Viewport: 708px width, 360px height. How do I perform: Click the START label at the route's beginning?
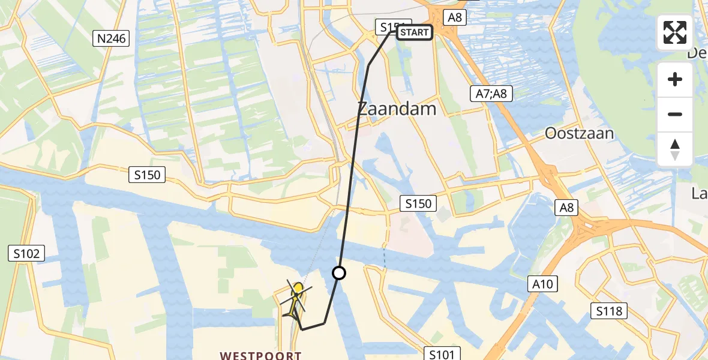click(414, 32)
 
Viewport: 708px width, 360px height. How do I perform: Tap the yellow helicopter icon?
click(296, 299)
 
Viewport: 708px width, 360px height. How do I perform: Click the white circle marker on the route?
click(339, 273)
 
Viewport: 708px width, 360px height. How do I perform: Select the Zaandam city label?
click(397, 108)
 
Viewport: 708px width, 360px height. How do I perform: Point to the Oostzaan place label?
click(579, 133)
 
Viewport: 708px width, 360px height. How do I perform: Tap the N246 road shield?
click(112, 39)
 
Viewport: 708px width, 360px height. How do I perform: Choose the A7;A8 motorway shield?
click(490, 92)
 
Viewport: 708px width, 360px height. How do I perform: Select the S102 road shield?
click(27, 253)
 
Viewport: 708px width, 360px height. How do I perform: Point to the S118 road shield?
click(609, 310)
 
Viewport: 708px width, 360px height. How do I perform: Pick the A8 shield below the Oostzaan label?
click(567, 208)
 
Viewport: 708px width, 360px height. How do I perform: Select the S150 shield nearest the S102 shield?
click(146, 175)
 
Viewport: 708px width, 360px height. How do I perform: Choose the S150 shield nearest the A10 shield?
click(418, 203)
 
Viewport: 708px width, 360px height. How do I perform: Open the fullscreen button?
click(675, 32)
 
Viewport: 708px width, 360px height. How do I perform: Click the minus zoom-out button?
click(675, 114)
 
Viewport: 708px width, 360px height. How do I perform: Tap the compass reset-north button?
click(675, 149)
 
